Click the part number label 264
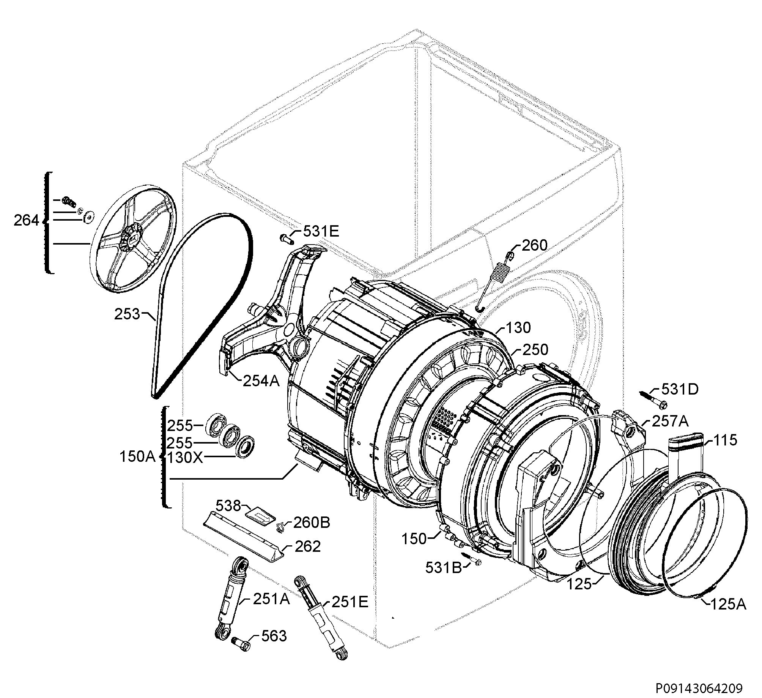click(x=26, y=220)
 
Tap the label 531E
click(x=321, y=231)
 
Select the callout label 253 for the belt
click(x=127, y=314)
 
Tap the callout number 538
click(x=228, y=505)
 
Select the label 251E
click(x=350, y=602)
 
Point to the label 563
click(x=274, y=636)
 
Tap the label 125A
click(x=727, y=604)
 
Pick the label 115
click(x=725, y=441)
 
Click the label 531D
click(x=680, y=389)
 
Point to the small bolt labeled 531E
click(x=287, y=238)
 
